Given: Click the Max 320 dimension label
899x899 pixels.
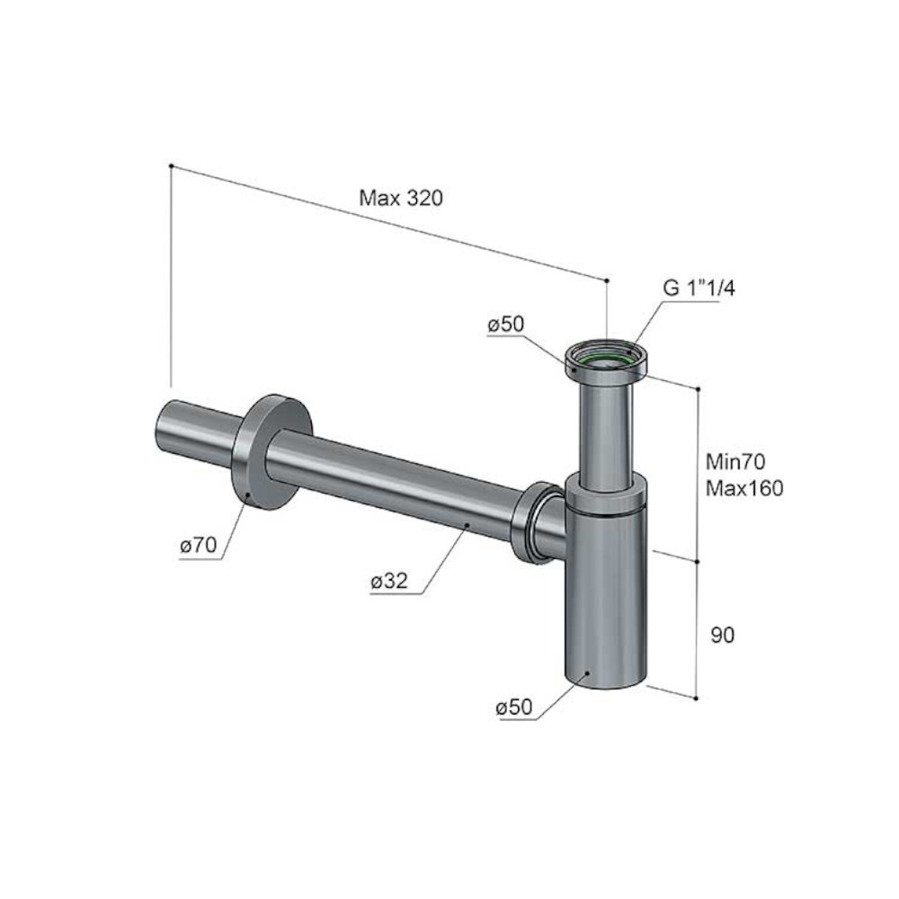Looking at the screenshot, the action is [x=401, y=198].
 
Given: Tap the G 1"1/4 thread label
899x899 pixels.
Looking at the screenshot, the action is [x=699, y=288].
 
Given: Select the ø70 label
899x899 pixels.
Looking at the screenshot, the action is [x=199, y=545].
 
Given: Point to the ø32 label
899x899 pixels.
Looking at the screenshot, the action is [x=389, y=582].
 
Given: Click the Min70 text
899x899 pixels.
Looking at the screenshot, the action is [x=735, y=461].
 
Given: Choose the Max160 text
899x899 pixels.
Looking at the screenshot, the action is [x=744, y=488].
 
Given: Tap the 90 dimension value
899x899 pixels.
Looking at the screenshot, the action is [x=723, y=635].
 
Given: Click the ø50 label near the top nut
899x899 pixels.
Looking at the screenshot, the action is [x=505, y=325].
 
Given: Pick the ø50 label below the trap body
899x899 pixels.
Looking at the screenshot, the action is [x=514, y=707].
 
